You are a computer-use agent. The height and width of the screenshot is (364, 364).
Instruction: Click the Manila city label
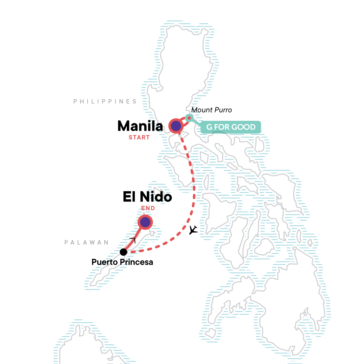(140, 126)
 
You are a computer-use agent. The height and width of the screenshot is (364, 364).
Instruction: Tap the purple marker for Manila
(176, 126)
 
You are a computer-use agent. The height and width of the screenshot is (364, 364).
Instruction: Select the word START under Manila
(139, 137)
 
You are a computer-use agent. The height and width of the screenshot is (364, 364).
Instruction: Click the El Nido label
(147, 197)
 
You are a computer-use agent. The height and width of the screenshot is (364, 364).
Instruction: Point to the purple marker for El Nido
(145, 222)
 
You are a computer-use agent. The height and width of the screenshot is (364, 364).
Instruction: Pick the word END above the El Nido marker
(148, 208)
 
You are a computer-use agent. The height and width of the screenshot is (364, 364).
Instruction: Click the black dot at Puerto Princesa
(123, 252)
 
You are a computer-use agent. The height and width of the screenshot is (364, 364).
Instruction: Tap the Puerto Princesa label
(122, 262)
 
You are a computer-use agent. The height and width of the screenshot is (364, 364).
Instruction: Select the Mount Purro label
(211, 110)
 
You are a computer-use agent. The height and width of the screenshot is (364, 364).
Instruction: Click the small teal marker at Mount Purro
(189, 118)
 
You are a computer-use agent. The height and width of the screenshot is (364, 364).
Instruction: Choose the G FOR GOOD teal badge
(231, 127)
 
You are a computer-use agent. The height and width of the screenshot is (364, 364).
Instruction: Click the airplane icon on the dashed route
(193, 230)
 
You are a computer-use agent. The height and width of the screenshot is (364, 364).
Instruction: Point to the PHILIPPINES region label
(105, 101)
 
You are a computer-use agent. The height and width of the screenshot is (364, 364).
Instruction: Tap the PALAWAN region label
(86, 242)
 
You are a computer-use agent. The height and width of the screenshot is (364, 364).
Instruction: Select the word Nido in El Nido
(156, 197)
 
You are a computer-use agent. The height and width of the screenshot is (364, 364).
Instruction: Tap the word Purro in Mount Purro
(223, 110)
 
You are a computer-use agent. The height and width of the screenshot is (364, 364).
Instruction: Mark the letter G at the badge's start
(209, 127)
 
